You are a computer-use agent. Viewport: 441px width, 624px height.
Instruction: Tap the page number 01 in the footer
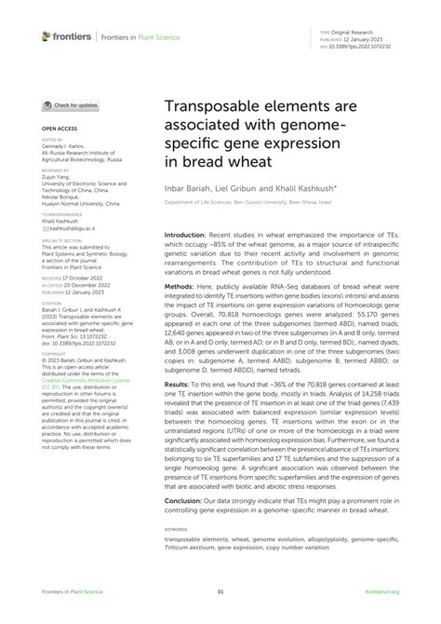(x=220, y=591)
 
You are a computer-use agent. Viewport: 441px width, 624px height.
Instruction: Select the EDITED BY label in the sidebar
(x=50, y=137)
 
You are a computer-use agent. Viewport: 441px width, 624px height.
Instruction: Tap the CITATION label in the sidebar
(x=51, y=303)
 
